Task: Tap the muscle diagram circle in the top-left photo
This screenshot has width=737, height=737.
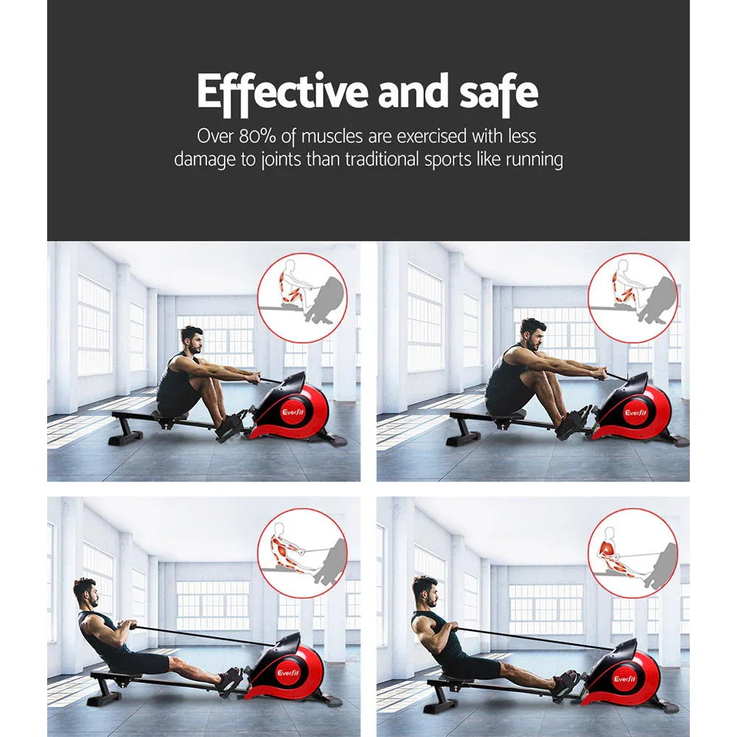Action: pyautogui.click(x=302, y=298)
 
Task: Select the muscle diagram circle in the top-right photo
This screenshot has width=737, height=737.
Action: pyautogui.click(x=632, y=298)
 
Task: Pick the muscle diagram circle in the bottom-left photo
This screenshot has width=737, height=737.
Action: pyautogui.click(x=302, y=552)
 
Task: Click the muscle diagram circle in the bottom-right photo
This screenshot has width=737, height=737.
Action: pyautogui.click(x=632, y=552)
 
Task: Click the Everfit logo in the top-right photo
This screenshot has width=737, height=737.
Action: pyautogui.click(x=635, y=413)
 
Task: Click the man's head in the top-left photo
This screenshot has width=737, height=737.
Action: pyautogui.click(x=193, y=341)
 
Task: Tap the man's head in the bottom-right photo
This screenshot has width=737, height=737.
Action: pyautogui.click(x=425, y=592)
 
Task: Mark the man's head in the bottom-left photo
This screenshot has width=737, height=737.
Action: pyautogui.click(x=86, y=592)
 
